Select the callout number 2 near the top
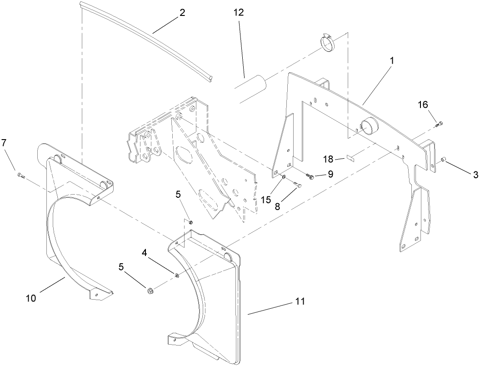[x=182, y=12]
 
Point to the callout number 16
[x=423, y=105]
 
